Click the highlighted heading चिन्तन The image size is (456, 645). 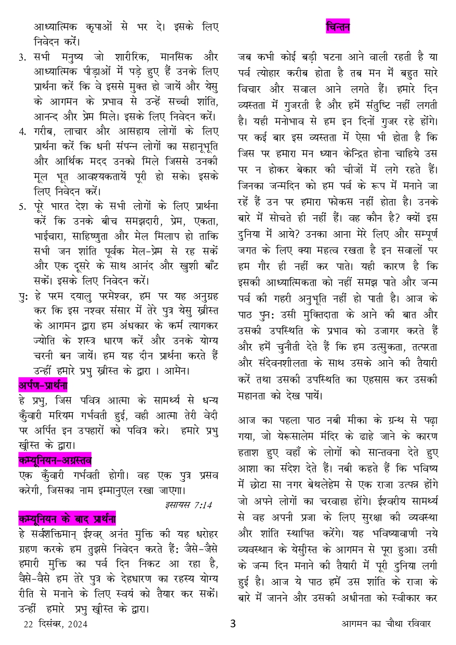coord(338,26)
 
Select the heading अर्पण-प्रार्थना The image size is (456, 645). coord(43,386)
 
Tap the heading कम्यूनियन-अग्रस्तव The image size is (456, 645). coord(55,460)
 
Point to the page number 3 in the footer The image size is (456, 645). coord(233,624)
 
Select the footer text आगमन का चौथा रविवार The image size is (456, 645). coord(386,624)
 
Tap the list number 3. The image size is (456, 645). coord(22,57)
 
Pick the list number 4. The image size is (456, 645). coord(22,131)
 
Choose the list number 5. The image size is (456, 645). coord(22,206)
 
